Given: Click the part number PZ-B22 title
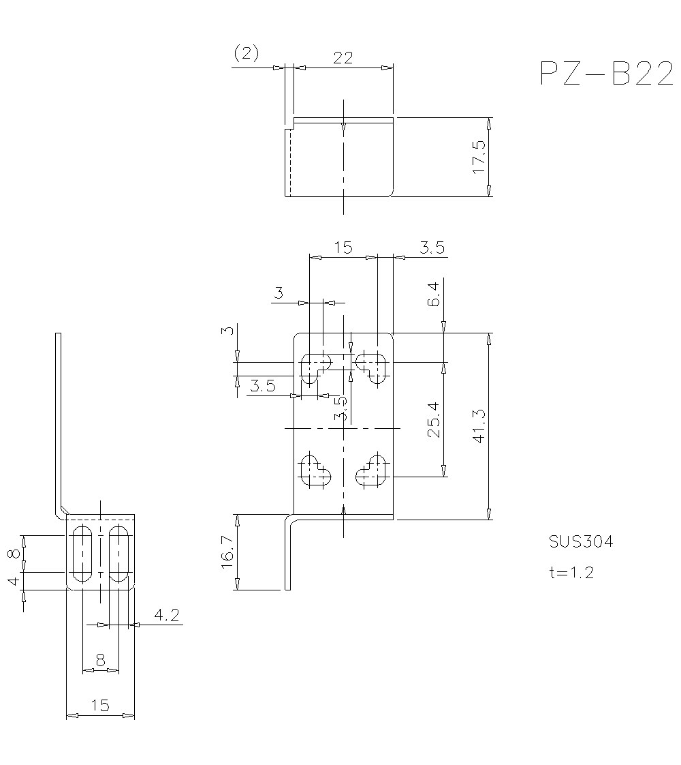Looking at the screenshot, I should (606, 74).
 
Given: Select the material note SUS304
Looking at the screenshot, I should (581, 542).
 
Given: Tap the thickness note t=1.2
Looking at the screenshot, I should (571, 572).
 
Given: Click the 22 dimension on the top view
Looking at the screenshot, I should (343, 58).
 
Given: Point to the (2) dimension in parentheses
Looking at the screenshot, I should (246, 54).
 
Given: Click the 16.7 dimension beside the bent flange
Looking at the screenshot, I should (227, 552).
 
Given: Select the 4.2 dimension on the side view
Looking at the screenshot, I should (166, 616).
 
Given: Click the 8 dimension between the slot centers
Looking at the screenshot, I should (100, 660).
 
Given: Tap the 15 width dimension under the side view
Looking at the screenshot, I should (99, 706).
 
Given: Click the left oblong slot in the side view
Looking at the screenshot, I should (81, 553).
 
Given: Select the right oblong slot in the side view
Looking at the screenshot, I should (119, 553).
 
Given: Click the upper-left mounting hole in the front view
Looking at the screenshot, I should (314, 367).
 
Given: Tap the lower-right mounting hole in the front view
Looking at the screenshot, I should (373, 471).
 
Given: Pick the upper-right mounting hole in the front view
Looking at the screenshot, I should (373, 367).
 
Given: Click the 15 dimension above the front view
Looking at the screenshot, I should (343, 247).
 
